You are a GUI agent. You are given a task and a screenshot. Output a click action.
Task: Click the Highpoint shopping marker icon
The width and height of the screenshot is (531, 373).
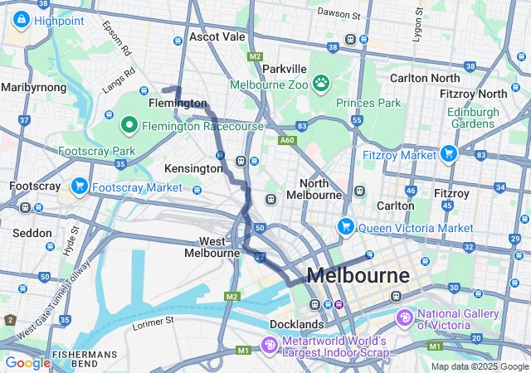click(20, 20)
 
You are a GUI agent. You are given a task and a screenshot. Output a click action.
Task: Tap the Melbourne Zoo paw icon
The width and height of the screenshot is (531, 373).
click(320, 84)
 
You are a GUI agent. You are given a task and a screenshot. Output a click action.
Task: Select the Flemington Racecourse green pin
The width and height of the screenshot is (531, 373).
click(129, 126)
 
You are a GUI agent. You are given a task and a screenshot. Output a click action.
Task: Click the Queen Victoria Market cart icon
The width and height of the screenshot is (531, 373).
click(346, 226)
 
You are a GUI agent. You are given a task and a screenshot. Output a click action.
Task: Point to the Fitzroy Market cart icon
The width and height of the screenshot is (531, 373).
click(449, 153)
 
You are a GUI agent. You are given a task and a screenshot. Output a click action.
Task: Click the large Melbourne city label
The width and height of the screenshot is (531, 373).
click(358, 275)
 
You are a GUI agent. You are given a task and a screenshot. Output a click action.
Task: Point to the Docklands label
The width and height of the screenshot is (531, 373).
click(296, 323)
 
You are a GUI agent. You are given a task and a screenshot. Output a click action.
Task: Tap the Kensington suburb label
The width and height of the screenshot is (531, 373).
click(194, 168)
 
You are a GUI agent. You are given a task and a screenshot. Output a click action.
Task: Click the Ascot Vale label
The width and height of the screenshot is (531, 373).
click(217, 37)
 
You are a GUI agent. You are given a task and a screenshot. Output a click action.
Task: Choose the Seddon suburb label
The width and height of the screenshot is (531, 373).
click(33, 233)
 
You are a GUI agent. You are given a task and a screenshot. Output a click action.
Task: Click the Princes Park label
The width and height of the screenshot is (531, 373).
click(368, 103)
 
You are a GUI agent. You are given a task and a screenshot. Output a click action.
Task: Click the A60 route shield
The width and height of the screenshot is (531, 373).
click(287, 141)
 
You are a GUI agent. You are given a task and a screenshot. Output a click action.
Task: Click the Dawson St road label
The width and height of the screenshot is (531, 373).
click(339, 14)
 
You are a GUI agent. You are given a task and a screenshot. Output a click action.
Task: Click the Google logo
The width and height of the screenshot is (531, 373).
click(28, 362)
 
